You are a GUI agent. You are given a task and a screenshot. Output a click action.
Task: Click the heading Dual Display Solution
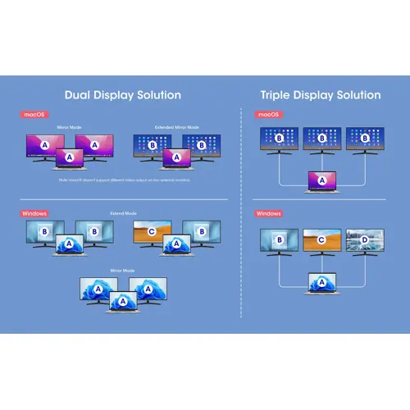(122, 95)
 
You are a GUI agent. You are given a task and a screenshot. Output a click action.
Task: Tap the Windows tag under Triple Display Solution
(268, 213)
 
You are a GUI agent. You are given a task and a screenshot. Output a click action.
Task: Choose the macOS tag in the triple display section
(268, 114)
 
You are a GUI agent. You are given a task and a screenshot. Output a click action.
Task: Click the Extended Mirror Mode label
(175, 128)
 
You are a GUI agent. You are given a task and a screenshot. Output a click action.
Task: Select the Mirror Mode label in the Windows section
(122, 269)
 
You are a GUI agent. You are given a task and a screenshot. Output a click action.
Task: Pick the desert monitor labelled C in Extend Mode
(151, 232)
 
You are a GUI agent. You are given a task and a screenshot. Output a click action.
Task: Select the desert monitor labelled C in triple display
(321, 240)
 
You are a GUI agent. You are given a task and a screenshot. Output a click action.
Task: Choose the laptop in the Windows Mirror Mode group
(122, 304)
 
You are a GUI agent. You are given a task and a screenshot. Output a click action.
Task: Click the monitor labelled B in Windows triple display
(279, 240)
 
